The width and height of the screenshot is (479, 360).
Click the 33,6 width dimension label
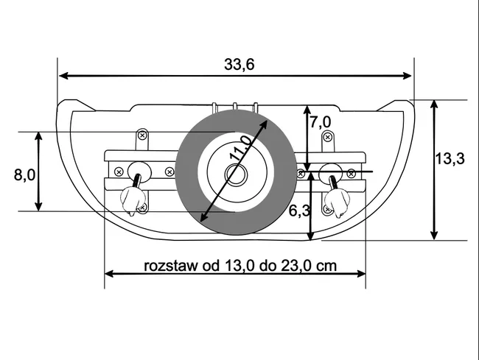(239, 64)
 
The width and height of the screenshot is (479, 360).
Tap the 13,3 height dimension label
(450, 158)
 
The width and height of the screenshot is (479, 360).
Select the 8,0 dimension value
(24, 174)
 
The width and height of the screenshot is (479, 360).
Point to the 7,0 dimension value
(321, 122)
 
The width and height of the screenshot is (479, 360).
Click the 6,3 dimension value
(299, 211)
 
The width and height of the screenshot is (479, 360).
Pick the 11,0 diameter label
(242, 148)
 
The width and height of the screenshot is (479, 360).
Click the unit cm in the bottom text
(326, 266)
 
